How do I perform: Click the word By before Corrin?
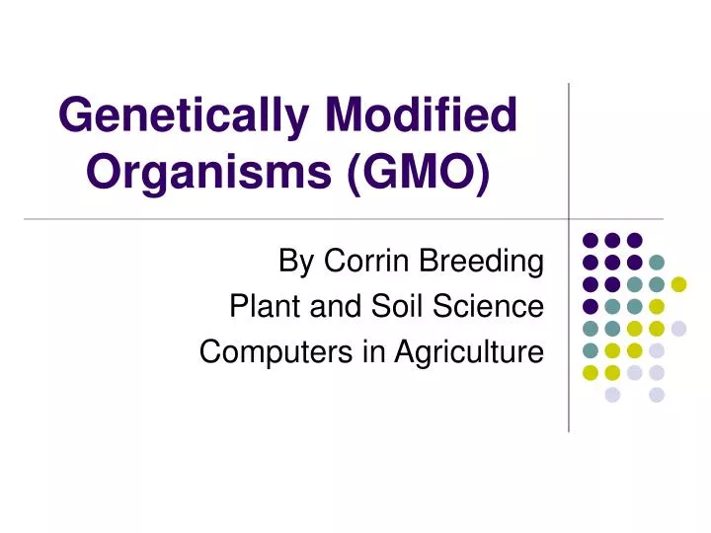pyautogui.click(x=297, y=262)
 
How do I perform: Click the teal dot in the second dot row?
pyautogui.click(x=657, y=262)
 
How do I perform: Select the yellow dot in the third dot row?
pyautogui.click(x=678, y=284)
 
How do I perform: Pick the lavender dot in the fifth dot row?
pyautogui.click(x=678, y=329)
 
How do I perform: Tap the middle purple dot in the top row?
pyautogui.click(x=612, y=240)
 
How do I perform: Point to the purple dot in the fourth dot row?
pyautogui.click(x=591, y=306)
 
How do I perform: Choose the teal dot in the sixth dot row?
pyautogui.click(x=591, y=350)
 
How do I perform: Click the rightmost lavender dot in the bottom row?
pyautogui.click(x=657, y=395)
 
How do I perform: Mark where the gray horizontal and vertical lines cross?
pyautogui.click(x=570, y=218)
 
